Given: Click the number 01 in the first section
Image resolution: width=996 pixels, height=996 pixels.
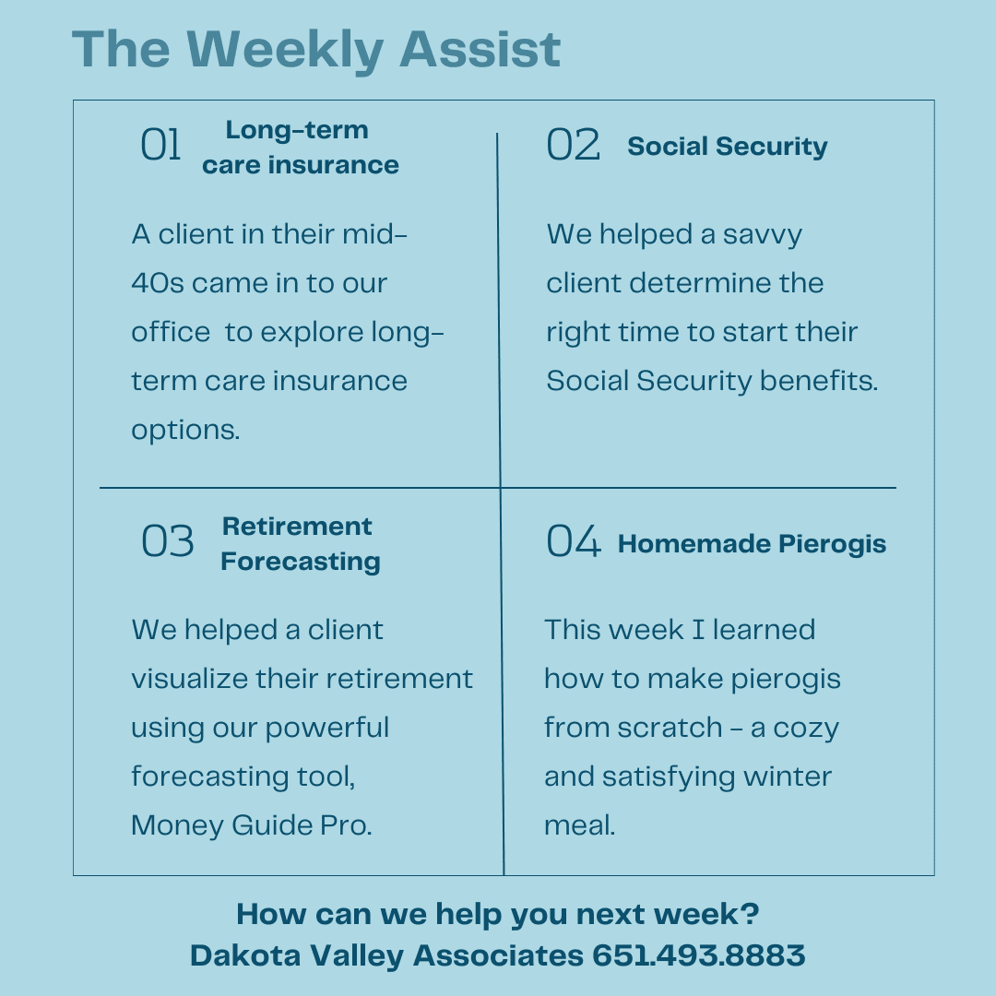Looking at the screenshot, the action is click(160, 144).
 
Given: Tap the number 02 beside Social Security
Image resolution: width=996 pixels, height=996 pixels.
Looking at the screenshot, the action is click(573, 144).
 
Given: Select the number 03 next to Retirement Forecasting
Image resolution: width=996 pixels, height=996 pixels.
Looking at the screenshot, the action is click(168, 541).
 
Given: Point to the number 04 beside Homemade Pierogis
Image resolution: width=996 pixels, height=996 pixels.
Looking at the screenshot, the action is click(574, 541).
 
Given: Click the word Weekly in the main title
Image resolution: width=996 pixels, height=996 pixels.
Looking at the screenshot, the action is click(285, 50).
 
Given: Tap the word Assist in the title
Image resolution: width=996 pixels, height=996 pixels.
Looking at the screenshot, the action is click(480, 49).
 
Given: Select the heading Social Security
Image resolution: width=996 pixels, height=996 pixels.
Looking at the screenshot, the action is click(728, 147).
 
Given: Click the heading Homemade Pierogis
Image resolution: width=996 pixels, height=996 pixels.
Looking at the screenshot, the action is click(753, 544).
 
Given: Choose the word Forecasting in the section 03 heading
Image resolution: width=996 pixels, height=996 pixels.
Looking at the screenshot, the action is click(301, 563).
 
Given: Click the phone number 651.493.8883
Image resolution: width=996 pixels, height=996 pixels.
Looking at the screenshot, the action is click(699, 955).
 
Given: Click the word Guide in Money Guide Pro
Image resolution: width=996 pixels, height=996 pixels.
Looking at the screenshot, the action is click(272, 825).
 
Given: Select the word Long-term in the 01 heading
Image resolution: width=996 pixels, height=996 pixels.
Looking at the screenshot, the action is click(297, 130).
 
